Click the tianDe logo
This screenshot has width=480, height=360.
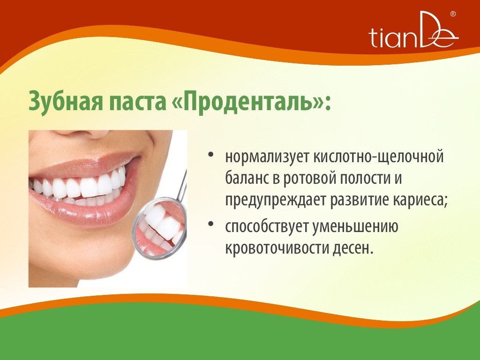(413, 30)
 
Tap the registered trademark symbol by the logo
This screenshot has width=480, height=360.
(453, 14)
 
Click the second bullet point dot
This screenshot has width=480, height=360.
(210, 224)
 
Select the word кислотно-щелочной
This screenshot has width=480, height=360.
(379, 157)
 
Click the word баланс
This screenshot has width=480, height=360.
(246, 178)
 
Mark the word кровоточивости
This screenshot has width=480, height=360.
(277, 248)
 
